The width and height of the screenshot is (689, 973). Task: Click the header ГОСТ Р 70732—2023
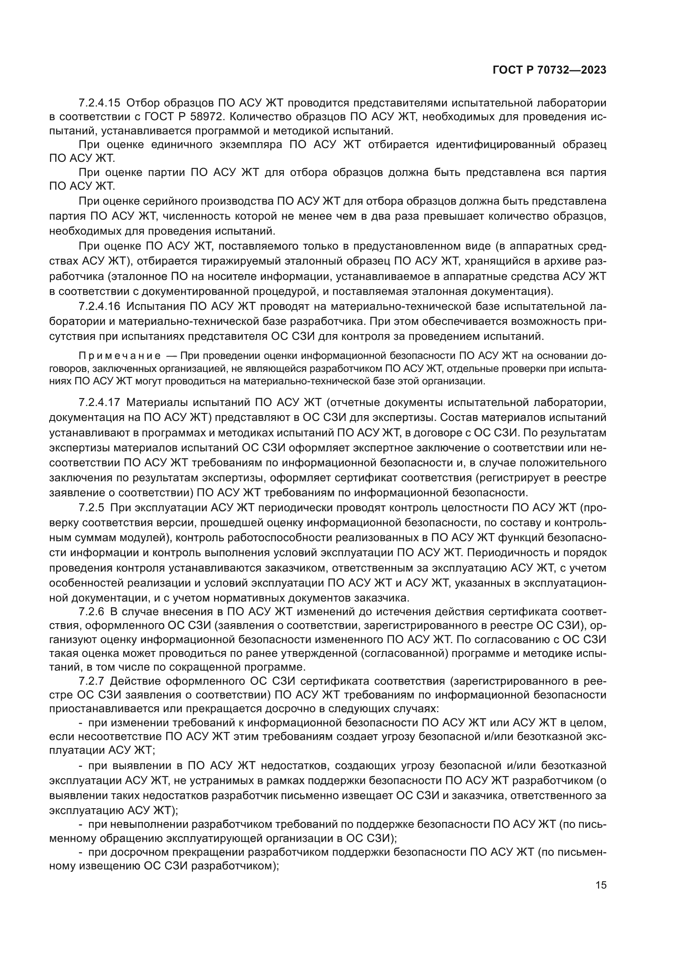click(549, 70)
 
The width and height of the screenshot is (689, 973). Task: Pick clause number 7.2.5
click(91, 508)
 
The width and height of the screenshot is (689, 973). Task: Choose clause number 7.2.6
click(91, 612)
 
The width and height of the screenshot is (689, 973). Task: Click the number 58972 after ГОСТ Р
click(212, 117)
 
